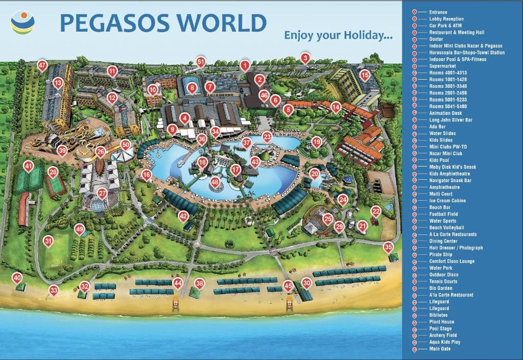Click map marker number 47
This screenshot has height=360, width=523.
42,65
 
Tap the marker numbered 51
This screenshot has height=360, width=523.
201,62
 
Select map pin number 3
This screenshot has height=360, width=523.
305,58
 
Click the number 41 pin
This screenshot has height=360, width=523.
29,166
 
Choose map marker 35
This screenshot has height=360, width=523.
389,247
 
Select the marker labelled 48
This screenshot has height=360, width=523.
215,182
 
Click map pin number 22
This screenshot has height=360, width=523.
376,211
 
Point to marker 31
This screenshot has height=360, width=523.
49,241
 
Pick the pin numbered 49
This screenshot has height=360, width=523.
79,229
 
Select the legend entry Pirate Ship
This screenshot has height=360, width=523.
441,254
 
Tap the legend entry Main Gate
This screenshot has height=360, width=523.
440,349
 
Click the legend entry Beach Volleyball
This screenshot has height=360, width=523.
446,228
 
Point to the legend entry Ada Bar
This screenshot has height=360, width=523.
437,127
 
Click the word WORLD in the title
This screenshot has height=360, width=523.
222,23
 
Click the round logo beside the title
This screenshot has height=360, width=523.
23,22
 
